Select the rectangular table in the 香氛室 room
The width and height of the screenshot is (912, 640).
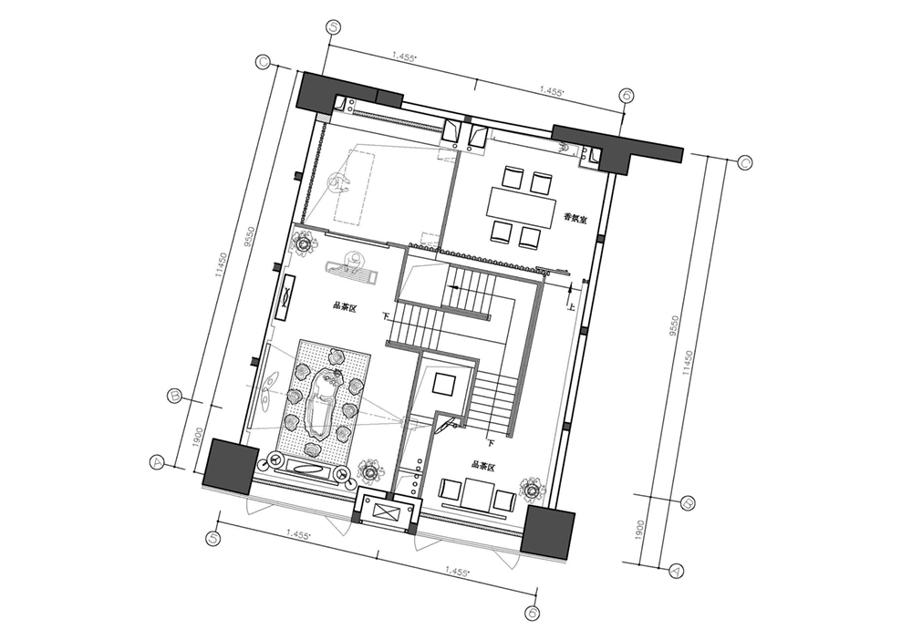[521, 206]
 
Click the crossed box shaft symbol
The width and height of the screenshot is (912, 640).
[386, 512]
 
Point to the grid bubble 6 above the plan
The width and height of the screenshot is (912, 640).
[627, 97]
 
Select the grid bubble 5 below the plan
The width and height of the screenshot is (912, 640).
[215, 539]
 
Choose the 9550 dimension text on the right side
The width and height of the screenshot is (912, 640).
[673, 325]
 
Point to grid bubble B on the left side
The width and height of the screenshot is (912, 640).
[176, 396]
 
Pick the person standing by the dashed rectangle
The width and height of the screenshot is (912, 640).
[338, 185]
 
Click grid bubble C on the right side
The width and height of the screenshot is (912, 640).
[745, 164]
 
